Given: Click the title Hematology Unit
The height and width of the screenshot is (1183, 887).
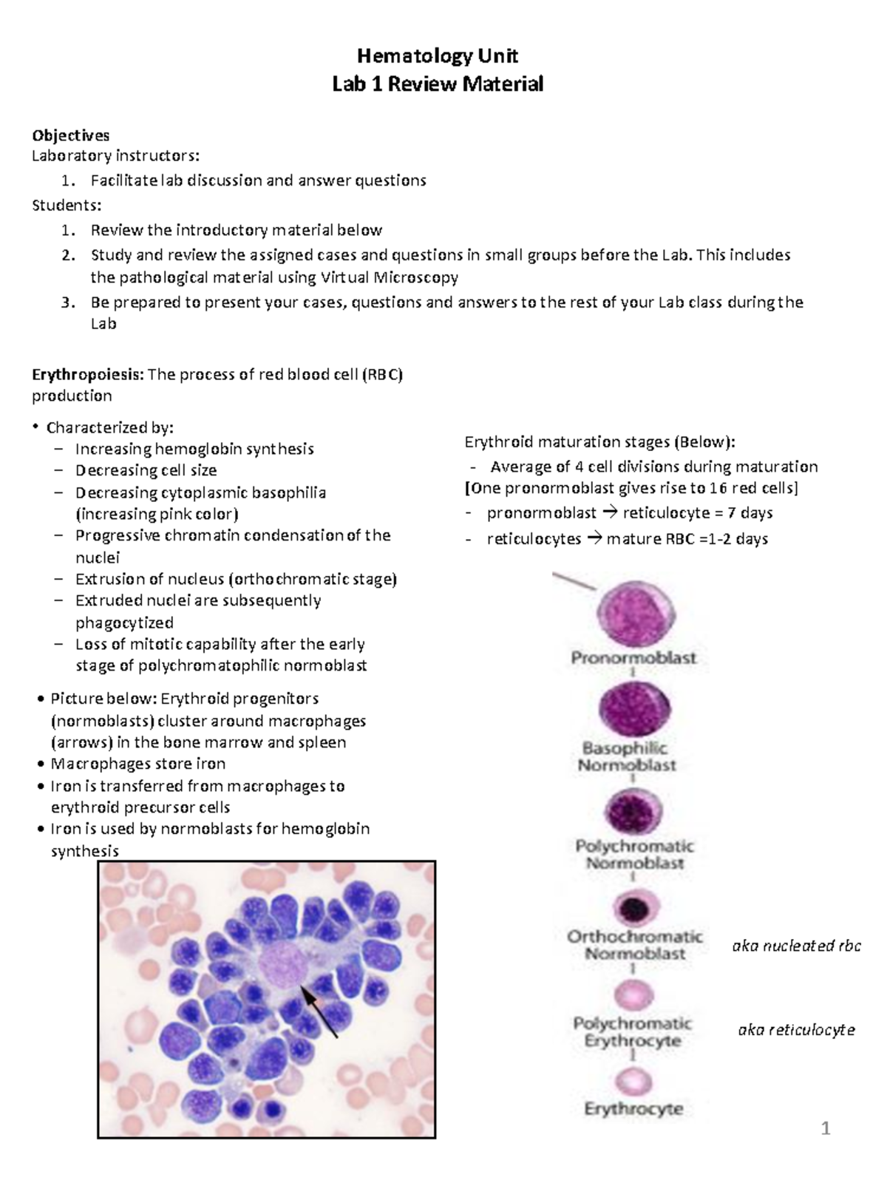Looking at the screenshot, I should click(437, 56).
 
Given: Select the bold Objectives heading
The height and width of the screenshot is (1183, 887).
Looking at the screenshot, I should click(70, 135).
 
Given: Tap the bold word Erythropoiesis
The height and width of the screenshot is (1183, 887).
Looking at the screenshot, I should click(87, 374).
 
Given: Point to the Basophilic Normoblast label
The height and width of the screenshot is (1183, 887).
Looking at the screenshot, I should click(627, 756).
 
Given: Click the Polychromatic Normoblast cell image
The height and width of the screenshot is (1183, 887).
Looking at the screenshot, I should click(633, 812).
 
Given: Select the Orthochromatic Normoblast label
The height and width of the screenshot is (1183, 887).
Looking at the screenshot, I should click(634, 945).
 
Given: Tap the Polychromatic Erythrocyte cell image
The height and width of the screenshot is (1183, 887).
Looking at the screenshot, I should click(633, 995).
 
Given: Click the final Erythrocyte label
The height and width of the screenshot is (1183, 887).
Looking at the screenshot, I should click(633, 1109).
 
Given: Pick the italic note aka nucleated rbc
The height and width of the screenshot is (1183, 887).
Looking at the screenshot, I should click(796, 946).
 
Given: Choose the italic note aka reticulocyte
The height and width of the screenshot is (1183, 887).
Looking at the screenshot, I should click(796, 1030).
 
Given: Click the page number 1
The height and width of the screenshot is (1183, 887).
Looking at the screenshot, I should click(826, 1128).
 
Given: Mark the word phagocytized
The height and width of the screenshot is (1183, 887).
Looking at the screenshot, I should click(124, 623).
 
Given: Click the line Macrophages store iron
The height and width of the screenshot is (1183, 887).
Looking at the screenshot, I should click(137, 764).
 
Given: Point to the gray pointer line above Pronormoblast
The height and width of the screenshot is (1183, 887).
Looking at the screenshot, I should click(574, 581).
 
